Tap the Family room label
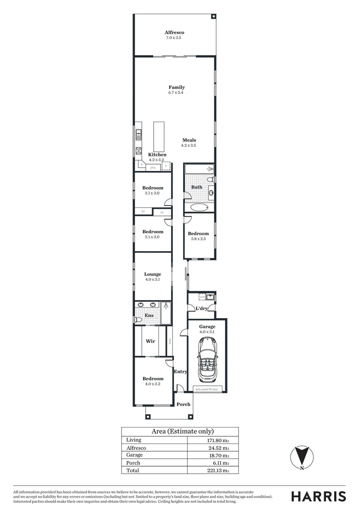(177, 87)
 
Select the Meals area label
(189, 140)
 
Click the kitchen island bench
(159, 135)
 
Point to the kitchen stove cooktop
(139, 151)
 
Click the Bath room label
(196, 187)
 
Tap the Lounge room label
(152, 274)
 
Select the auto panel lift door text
(207, 390)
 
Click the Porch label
(183, 404)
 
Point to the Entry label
(180, 371)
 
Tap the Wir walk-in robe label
(150, 341)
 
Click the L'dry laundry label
(202, 308)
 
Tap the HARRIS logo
(318, 496)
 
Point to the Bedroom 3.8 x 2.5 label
(198, 234)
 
